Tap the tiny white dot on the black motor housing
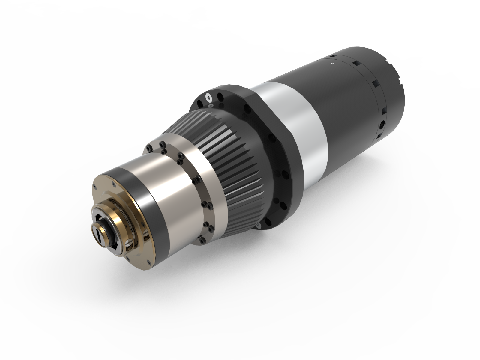click(332, 63)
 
